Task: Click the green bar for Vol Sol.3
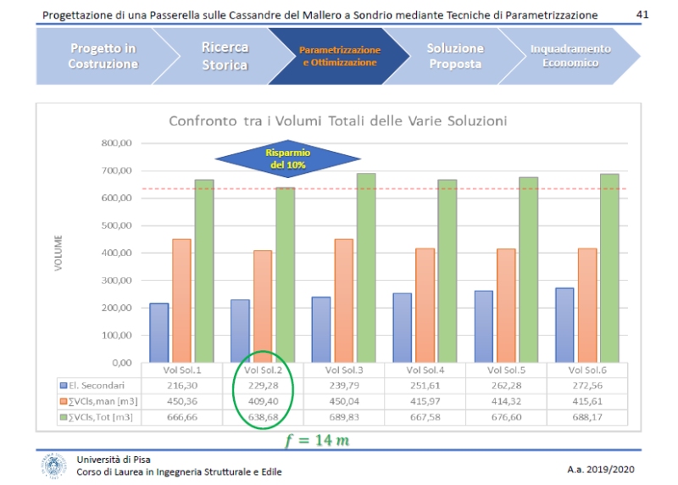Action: (x=366, y=268)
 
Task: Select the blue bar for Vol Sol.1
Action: (x=159, y=332)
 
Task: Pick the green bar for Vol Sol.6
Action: (x=609, y=268)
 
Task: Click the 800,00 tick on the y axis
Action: (x=116, y=143)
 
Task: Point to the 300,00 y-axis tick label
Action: (x=116, y=281)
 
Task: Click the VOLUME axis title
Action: (x=58, y=253)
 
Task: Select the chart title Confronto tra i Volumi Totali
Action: (x=338, y=121)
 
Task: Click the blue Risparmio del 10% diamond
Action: (x=288, y=159)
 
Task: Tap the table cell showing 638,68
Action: (x=264, y=417)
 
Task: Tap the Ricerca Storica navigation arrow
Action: (x=225, y=56)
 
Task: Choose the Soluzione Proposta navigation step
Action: (x=454, y=56)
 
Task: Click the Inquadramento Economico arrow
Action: (x=570, y=56)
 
